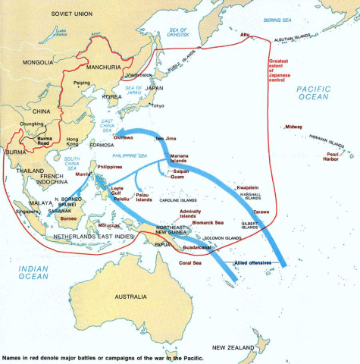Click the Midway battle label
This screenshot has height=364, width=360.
293,127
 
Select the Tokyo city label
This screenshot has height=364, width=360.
157,105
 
